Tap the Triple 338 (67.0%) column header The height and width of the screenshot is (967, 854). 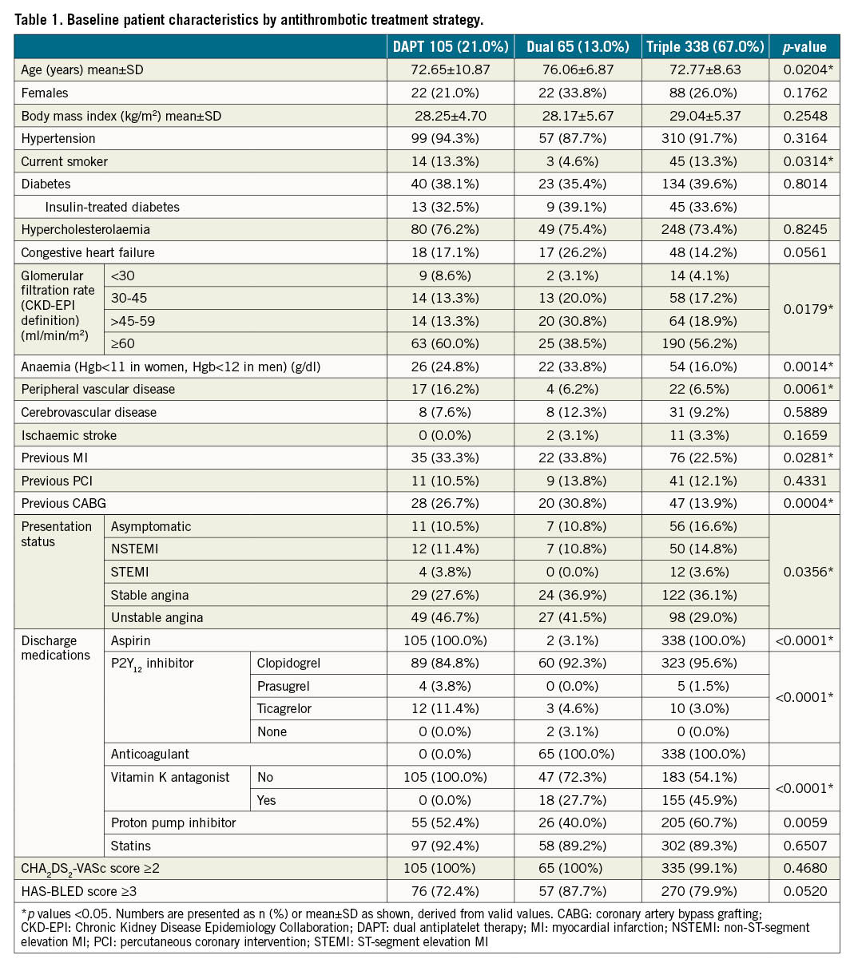pos(705,47)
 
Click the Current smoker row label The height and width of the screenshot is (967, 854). pos(65,161)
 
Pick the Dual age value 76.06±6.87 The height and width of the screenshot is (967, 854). pos(577,69)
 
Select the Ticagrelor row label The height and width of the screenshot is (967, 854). pos(284,708)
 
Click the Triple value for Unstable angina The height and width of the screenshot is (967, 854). pos(705,617)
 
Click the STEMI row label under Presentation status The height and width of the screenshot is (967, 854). pos(130,572)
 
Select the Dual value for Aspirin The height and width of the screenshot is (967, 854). pos(577,640)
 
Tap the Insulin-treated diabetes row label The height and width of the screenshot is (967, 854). pos(113,207)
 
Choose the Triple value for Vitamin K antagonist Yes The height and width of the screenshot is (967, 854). pos(705,799)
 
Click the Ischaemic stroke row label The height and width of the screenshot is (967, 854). pos(69,435)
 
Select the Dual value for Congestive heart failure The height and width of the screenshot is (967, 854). pos(577,252)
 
